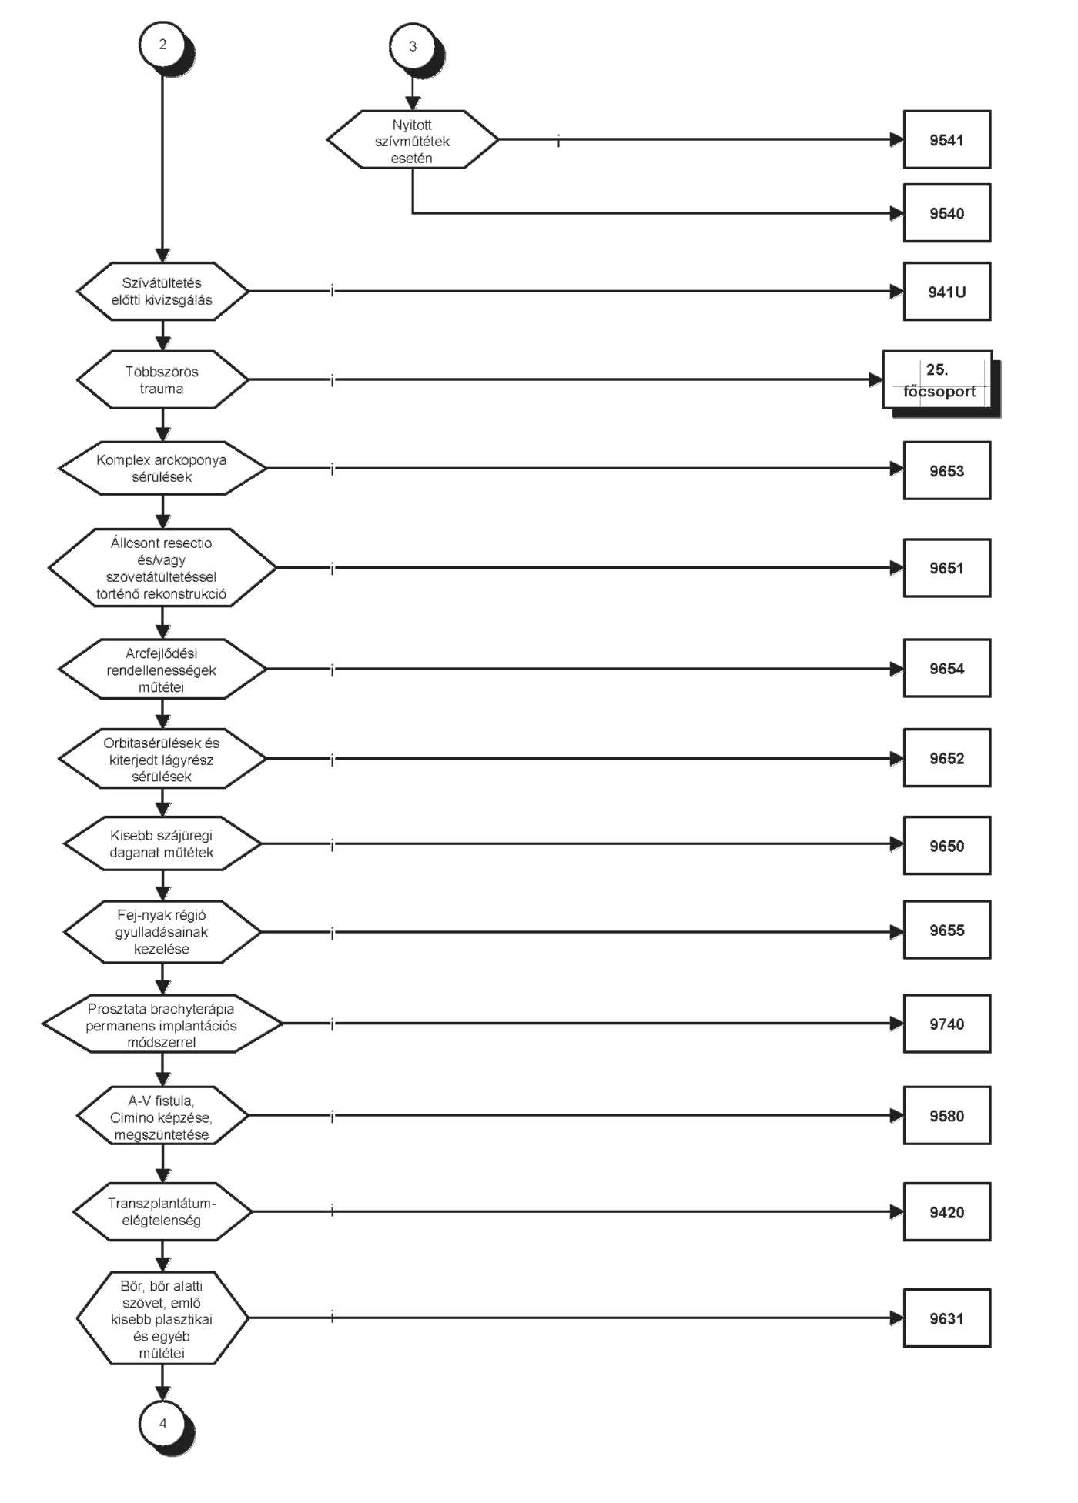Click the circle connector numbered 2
162,45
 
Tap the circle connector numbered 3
413,46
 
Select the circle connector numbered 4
162,1424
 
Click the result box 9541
946,139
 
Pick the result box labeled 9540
946,213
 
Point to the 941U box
946,292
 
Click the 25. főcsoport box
939,381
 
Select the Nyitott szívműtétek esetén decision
413,139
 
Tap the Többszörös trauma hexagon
162,379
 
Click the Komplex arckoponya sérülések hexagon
162,468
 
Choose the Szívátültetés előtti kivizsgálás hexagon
162,291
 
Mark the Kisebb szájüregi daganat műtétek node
162,843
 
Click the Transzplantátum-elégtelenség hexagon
162,1211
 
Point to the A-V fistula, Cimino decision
162,1116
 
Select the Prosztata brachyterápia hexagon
162,1024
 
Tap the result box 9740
946,1024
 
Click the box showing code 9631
946,1318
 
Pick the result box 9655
946,930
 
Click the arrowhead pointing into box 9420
897,1211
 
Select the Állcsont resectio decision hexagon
162,567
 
